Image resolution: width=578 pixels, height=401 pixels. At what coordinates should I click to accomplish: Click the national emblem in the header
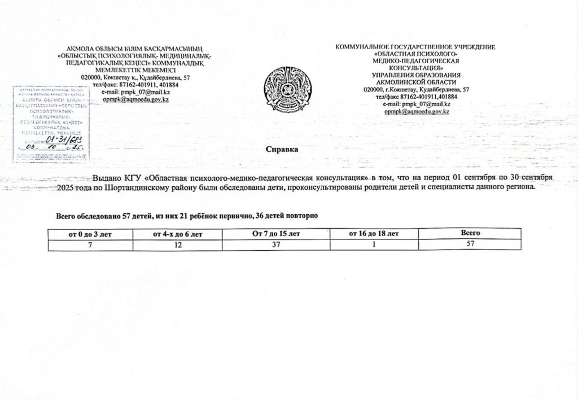point(288,89)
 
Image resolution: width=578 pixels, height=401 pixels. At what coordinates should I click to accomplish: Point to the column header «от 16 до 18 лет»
point(374,233)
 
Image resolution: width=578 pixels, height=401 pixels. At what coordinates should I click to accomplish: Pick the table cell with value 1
point(374,243)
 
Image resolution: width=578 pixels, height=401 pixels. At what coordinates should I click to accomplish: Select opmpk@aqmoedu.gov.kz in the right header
point(416,112)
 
